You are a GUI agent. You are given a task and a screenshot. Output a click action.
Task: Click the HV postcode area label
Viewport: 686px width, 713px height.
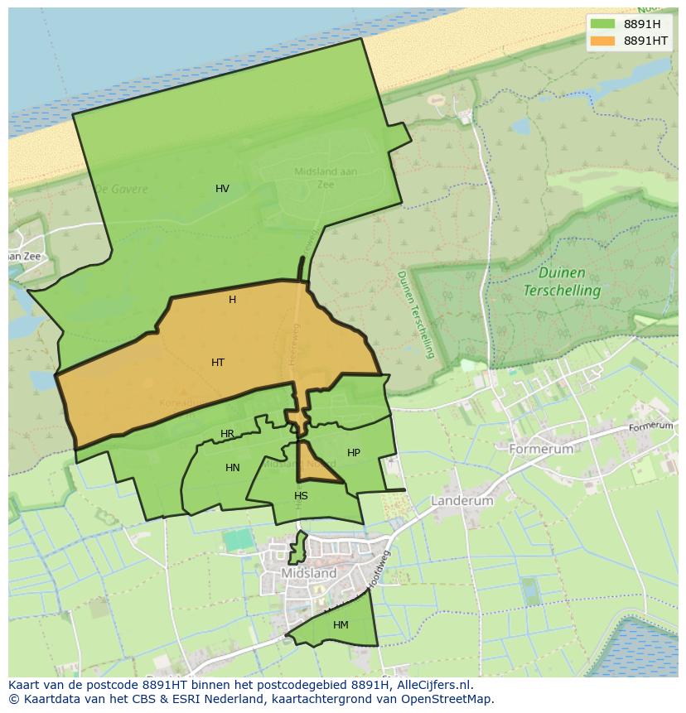coord(222,189)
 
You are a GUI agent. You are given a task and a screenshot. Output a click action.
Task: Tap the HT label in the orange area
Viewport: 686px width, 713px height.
coord(218,363)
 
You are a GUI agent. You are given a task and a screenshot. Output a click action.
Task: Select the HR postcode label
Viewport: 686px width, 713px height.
coord(227,434)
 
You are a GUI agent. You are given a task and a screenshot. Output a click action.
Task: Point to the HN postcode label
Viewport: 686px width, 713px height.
coord(233,468)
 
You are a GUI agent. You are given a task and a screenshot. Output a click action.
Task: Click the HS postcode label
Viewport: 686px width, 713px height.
coord(301,496)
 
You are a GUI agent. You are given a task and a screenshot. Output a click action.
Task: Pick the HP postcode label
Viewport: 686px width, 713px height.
coord(354,453)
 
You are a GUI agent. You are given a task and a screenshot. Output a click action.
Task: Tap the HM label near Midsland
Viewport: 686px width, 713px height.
coord(341,625)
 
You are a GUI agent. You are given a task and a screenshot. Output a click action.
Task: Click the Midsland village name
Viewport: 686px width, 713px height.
coord(309,573)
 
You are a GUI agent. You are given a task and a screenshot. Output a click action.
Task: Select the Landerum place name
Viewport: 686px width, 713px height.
coord(462,501)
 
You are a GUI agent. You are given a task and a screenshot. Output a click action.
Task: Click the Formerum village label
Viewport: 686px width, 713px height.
coord(541,449)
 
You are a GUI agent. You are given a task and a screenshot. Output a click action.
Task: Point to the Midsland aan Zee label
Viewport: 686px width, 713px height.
coord(326,178)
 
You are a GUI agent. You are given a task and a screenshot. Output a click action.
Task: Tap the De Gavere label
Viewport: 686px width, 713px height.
coord(121,189)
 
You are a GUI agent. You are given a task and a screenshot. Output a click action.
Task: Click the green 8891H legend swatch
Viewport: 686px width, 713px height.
coord(602,24)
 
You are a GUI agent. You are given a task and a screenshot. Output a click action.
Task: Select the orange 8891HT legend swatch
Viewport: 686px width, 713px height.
coord(602,41)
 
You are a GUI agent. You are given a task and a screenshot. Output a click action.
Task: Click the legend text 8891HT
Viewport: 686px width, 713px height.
coord(646,41)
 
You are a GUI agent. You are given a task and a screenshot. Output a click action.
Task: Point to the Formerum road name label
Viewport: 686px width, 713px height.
coord(651,426)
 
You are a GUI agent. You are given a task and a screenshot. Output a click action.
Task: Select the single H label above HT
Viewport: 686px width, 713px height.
coord(232,300)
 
